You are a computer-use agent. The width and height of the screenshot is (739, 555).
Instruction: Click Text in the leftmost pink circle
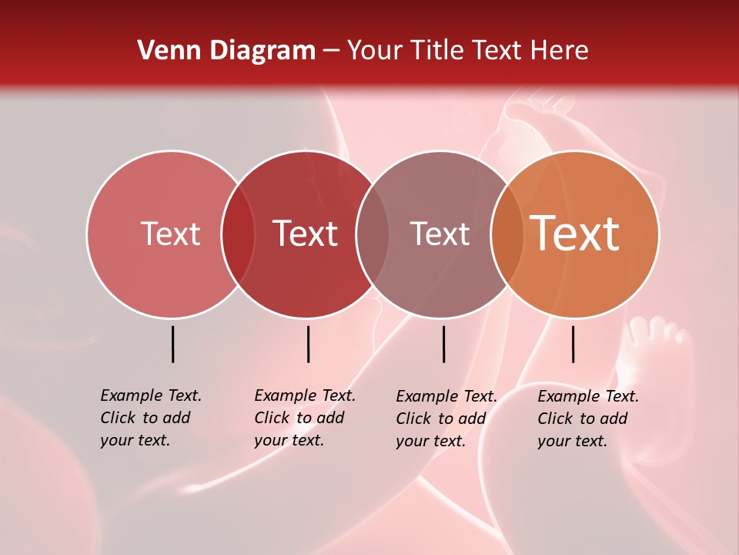tap(170, 234)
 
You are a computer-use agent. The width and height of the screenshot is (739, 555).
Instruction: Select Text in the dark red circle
tap(305, 234)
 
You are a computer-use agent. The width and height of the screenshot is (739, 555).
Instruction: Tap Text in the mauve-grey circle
tap(440, 234)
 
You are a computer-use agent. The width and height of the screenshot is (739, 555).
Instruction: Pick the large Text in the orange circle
tap(575, 234)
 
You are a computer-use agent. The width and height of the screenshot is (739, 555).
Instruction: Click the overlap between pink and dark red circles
tap(238, 234)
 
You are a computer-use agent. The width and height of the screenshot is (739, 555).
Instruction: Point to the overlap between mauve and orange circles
tap(507, 234)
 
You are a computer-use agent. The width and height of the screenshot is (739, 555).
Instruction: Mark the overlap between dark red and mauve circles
tap(373, 234)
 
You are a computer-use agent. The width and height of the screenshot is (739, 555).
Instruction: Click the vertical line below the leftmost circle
tap(172, 344)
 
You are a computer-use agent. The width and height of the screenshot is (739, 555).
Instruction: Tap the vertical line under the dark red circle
tap(308, 344)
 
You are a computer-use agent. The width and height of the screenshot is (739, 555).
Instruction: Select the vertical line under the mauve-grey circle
tap(443, 344)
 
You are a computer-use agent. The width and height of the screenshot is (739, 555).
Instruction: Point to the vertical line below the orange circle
tap(573, 344)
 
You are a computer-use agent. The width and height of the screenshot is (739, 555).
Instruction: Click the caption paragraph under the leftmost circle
tap(150, 418)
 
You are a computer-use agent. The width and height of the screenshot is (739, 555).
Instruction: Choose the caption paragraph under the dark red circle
tap(304, 418)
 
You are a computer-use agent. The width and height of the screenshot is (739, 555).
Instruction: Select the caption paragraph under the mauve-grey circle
tap(446, 419)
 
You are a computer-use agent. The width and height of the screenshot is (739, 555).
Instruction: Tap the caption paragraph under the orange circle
tap(587, 419)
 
